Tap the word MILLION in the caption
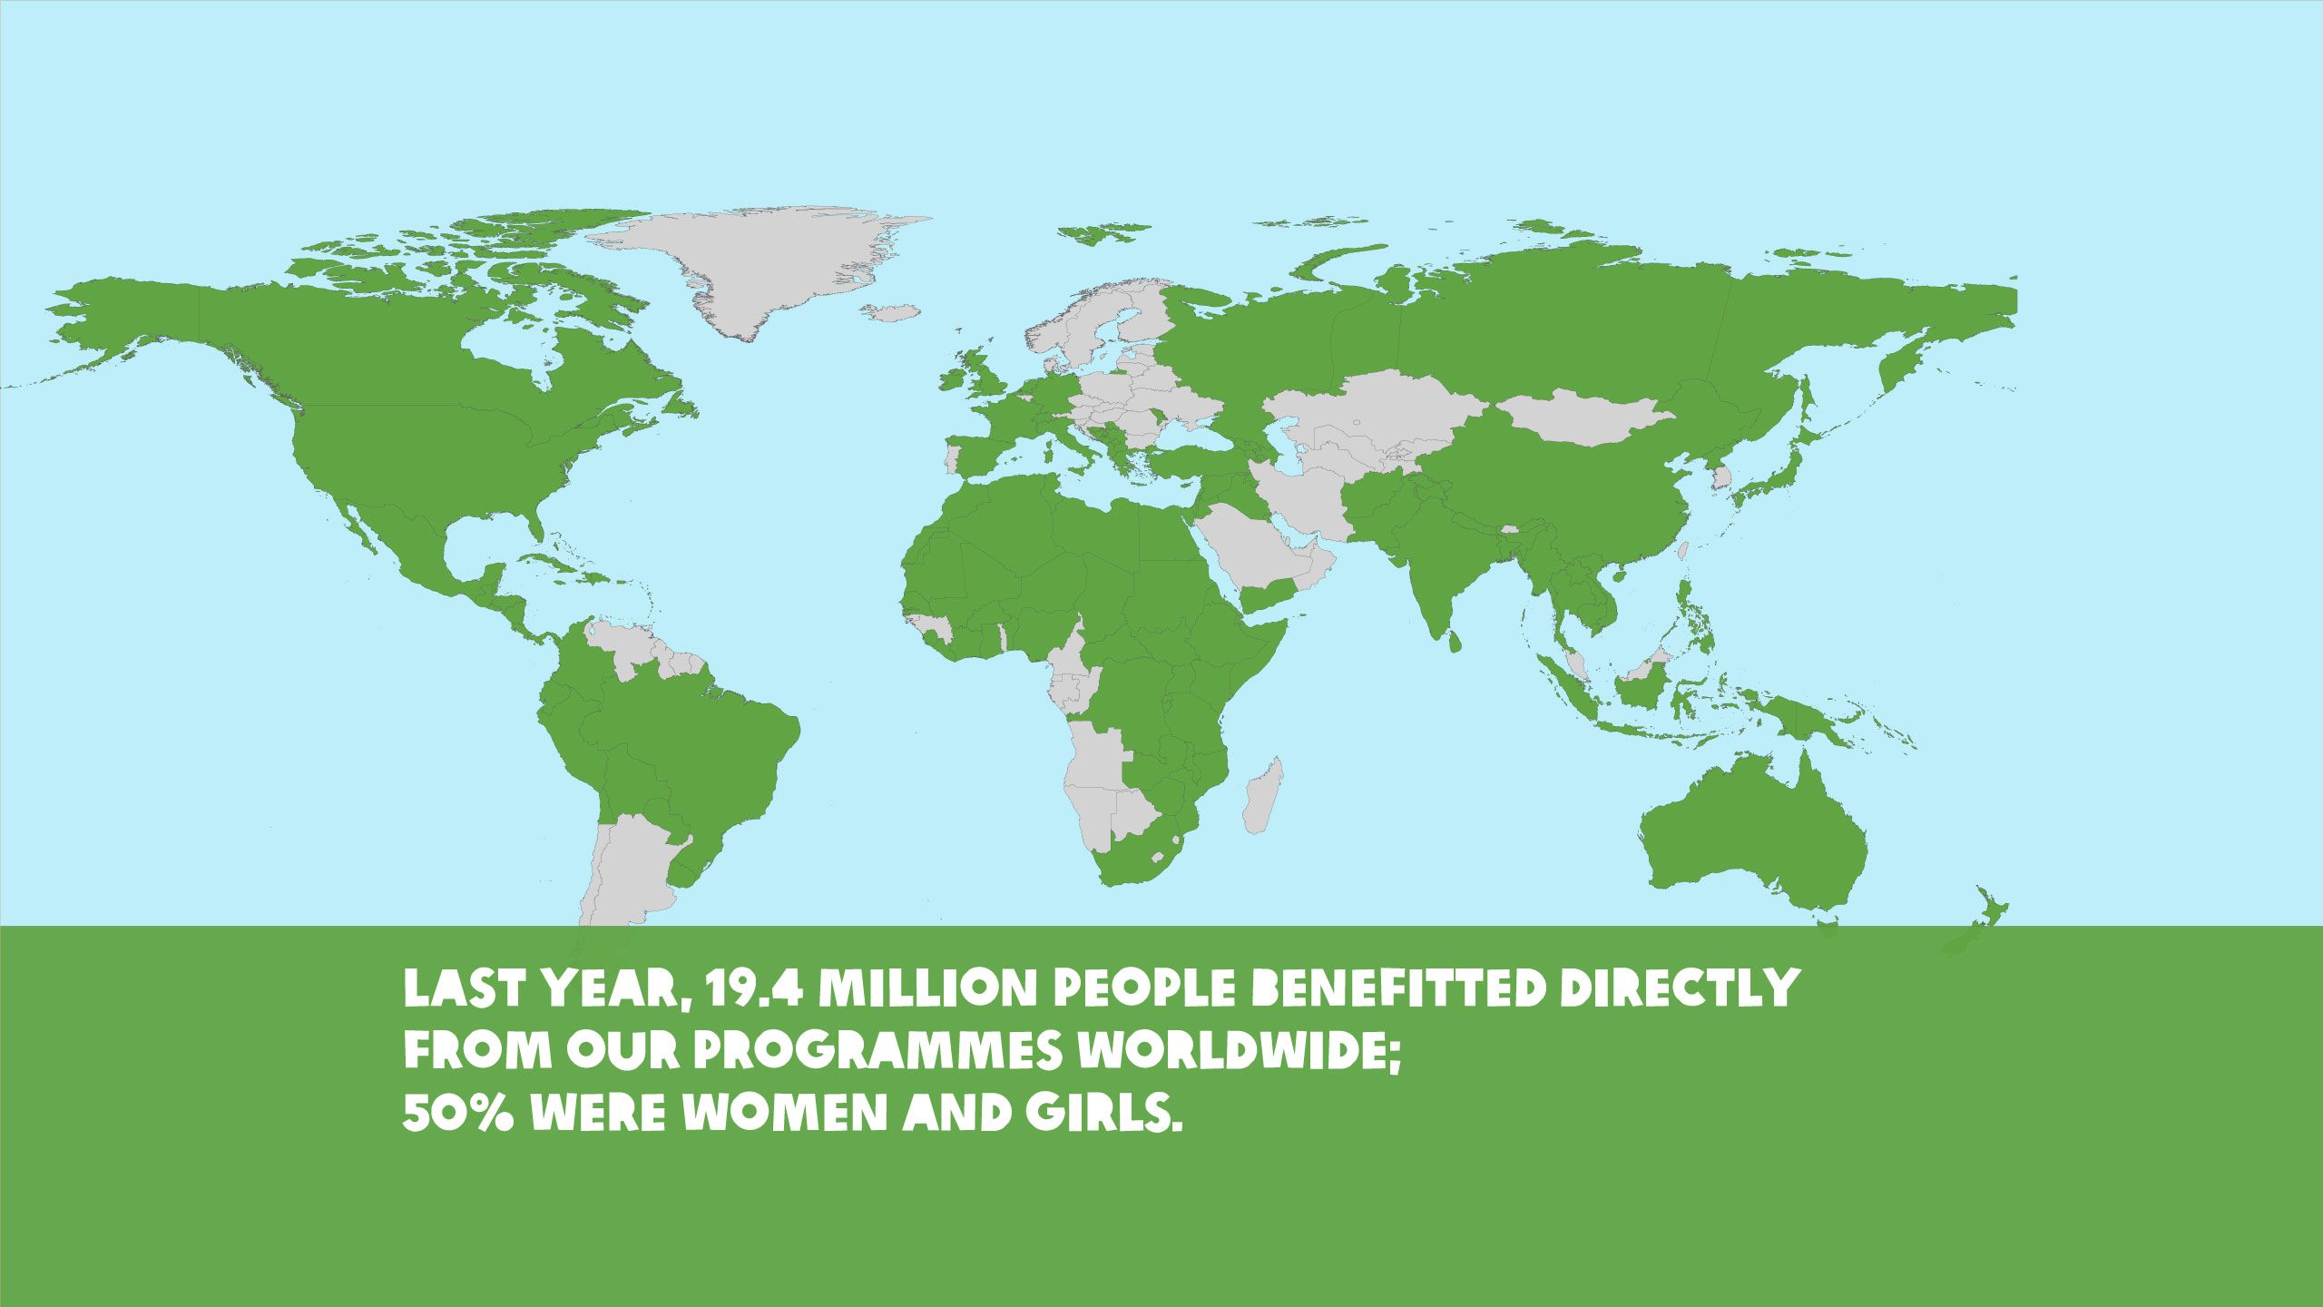[926, 988]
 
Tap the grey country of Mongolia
[1583, 418]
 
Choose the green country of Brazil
[699, 753]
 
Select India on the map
[1425, 563]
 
